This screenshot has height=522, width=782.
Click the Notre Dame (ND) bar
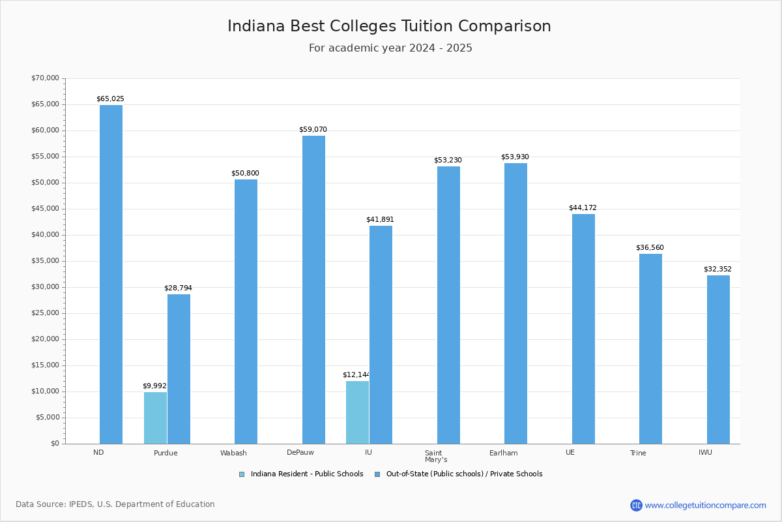pyautogui.click(x=111, y=274)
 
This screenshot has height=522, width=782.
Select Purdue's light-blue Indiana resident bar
pyautogui.click(x=155, y=418)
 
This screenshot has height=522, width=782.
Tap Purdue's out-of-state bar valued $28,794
pyautogui.click(x=179, y=369)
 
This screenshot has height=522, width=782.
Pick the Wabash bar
pyautogui.click(x=246, y=311)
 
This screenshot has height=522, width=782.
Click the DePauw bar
pyautogui.click(x=313, y=289)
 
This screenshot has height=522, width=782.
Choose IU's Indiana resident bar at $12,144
pyautogui.click(x=357, y=412)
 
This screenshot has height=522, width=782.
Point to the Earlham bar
pyautogui.click(x=515, y=303)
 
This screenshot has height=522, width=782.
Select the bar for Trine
pyautogui.click(x=650, y=348)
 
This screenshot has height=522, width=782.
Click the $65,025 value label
pyautogui.click(x=110, y=99)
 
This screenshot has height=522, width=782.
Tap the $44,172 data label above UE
pyautogui.click(x=583, y=208)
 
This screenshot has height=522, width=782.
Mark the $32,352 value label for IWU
pyautogui.click(x=717, y=269)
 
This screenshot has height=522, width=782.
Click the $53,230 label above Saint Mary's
pyautogui.click(x=448, y=161)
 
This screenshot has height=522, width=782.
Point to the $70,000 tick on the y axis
pyautogui.click(x=45, y=78)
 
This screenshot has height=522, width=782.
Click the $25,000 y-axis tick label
pyautogui.click(x=45, y=313)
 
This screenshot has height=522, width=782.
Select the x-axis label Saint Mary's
pyautogui.click(x=435, y=456)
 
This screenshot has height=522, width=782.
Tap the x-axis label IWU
pyautogui.click(x=705, y=453)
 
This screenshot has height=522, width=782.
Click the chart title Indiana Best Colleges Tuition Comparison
pyautogui.click(x=389, y=27)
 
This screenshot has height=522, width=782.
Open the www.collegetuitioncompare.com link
pyautogui.click(x=705, y=505)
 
